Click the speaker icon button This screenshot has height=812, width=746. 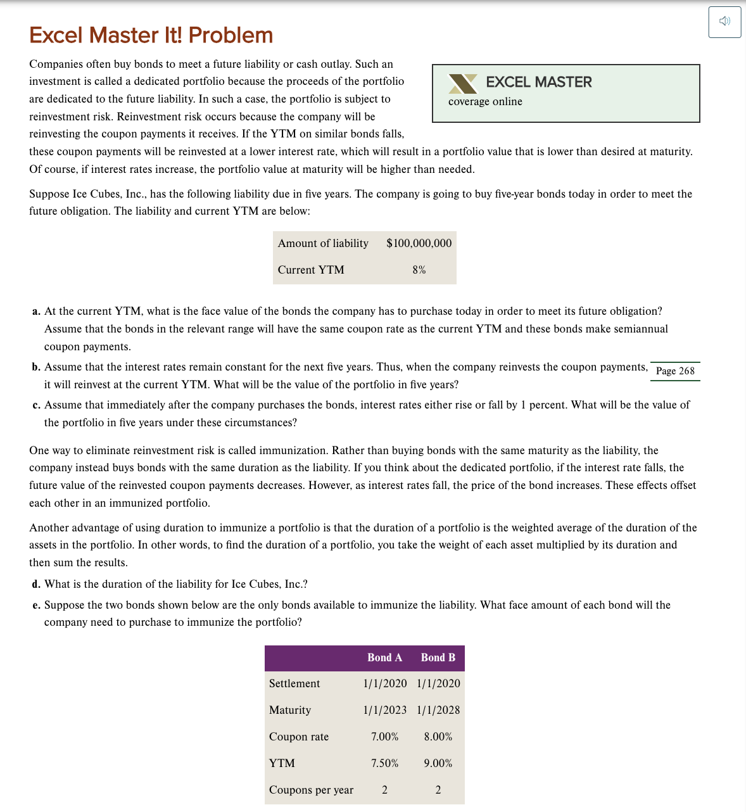point(724,22)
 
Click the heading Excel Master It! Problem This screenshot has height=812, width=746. point(151,35)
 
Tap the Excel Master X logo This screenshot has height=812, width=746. point(463,84)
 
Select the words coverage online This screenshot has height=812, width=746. point(485,102)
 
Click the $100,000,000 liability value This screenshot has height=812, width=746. point(419,243)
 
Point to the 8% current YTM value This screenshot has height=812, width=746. point(419,270)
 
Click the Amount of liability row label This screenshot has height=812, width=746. point(323,243)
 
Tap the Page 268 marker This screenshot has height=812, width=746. point(675,371)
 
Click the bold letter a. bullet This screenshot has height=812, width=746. point(37,312)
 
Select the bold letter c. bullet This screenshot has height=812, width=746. point(37,405)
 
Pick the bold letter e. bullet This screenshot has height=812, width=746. point(37,606)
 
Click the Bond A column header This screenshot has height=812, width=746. point(384,658)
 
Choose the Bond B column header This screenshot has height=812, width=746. point(438,658)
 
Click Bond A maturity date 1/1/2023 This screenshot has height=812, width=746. point(384,710)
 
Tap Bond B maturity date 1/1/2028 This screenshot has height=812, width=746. point(438,710)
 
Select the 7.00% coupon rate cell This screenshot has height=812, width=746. point(384,737)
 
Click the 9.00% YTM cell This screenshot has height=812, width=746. point(438,763)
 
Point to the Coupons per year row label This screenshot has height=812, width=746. point(311,790)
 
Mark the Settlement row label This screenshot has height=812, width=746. point(294,683)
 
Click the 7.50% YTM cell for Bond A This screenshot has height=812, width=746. point(384,763)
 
